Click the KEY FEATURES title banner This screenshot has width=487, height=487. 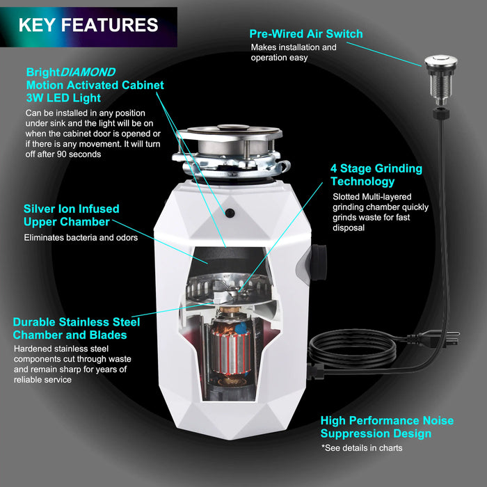click(88, 27)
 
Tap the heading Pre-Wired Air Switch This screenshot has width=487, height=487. click(306, 33)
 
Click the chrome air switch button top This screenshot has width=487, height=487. click(440, 61)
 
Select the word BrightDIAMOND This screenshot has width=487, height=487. click(71, 72)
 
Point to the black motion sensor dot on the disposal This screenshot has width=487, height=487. click(230, 213)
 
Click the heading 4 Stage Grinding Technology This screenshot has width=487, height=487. click(376, 175)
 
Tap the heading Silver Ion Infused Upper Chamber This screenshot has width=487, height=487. click(72, 215)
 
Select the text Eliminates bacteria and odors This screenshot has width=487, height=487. click(81, 238)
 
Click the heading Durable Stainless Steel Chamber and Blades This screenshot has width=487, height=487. click(77, 328)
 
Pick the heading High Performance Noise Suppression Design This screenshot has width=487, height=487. click(387, 426)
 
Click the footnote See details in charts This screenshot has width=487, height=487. click(362, 448)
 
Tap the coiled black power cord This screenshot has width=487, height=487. click(353, 349)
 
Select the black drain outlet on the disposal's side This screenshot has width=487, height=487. click(318, 262)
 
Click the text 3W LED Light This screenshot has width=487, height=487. click(64, 98)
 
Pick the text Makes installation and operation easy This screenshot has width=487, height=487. click(294, 52)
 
